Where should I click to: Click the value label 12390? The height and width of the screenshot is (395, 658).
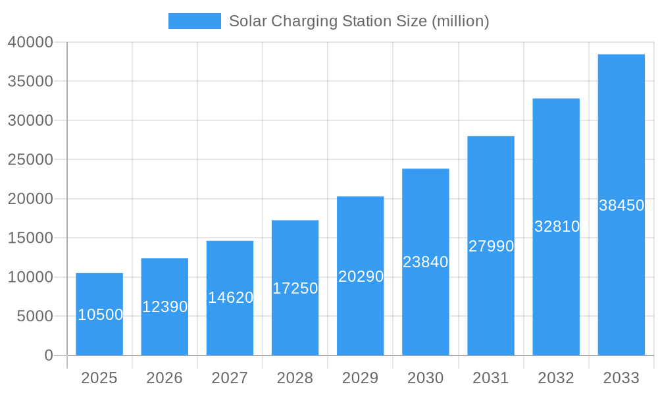point(164,307)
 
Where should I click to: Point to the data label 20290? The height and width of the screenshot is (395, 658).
point(361,276)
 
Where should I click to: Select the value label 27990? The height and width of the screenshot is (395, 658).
point(491,246)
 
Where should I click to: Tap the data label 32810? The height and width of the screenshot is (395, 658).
point(557,226)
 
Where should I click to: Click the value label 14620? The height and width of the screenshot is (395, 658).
point(230,298)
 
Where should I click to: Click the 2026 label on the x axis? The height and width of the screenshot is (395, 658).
point(164,378)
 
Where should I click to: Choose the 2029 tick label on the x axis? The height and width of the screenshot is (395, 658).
point(361,378)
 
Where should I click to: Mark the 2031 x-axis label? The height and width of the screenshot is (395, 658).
point(491,378)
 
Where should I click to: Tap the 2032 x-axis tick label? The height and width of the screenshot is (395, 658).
point(556,378)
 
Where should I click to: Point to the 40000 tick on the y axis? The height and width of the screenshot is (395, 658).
point(30,42)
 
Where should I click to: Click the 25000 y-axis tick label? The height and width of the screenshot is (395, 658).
point(30,160)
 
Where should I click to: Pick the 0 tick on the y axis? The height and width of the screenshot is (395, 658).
point(49,355)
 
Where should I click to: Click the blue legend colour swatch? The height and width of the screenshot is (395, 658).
point(195,21)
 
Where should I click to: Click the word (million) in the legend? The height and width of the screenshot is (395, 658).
point(460,21)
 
